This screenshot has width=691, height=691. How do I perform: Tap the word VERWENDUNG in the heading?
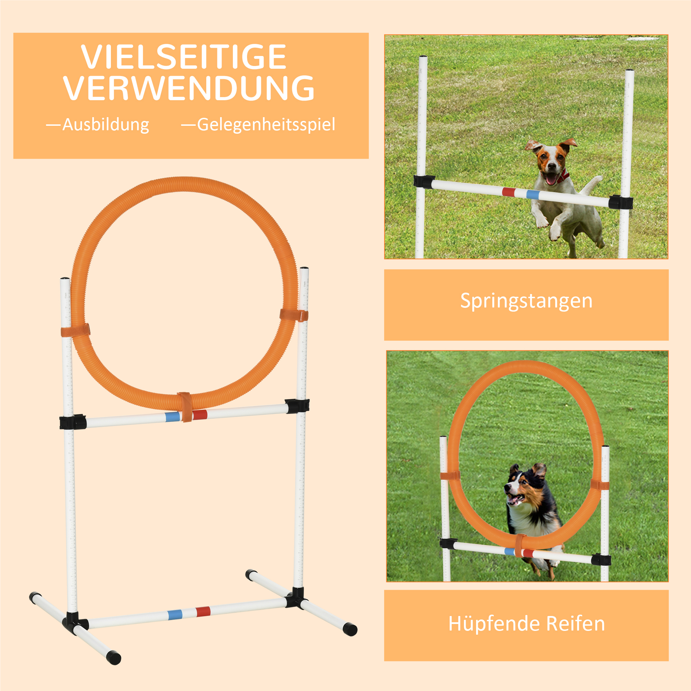(189, 88)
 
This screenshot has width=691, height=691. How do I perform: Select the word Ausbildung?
(105, 125)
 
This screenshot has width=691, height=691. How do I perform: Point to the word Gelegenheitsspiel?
(266, 125)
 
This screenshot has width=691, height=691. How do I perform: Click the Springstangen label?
(526, 301)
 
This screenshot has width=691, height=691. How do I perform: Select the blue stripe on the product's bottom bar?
(175, 615)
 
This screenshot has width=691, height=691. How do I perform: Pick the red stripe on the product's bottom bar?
(203, 612)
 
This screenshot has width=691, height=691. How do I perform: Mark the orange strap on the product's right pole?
(294, 315)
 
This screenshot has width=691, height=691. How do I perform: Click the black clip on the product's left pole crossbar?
(73, 422)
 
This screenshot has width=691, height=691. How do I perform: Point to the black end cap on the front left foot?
(114, 657)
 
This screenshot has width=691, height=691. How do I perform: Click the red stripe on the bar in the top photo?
(508, 192)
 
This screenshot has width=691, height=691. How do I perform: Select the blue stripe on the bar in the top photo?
(532, 195)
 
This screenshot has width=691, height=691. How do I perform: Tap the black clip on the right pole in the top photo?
(620, 202)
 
